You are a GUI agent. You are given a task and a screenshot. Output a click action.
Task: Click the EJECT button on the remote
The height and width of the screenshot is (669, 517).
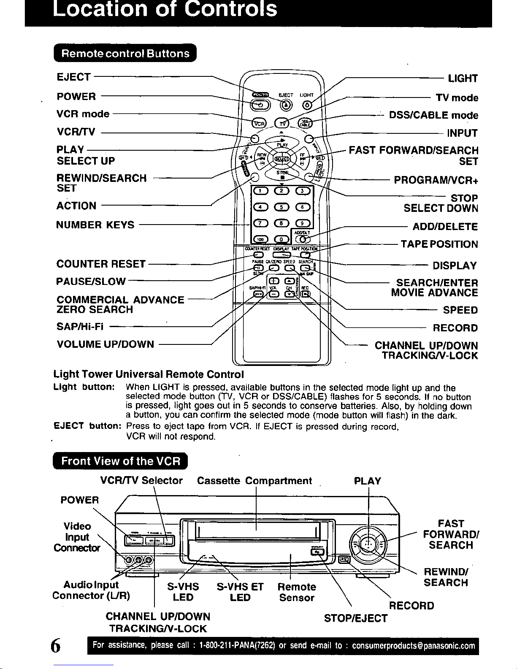pos(287,105)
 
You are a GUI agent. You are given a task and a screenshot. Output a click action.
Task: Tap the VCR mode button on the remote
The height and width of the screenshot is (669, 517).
pos(259,123)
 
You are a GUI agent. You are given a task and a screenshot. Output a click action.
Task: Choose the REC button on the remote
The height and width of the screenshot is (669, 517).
pos(305,294)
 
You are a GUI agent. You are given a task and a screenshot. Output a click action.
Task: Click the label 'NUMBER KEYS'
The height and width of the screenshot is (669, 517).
pos(95,225)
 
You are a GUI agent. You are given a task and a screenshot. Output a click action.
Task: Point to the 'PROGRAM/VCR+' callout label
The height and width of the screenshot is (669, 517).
pos(436,180)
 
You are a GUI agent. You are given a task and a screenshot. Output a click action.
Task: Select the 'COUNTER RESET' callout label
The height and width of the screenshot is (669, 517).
pos(101,264)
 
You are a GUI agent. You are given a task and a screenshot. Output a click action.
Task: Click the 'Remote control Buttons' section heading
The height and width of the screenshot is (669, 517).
pos(125,54)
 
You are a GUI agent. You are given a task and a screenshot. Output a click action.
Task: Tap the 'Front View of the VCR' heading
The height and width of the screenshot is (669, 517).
pos(121,461)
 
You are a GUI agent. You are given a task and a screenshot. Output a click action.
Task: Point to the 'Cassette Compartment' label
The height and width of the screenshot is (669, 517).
pos(254,481)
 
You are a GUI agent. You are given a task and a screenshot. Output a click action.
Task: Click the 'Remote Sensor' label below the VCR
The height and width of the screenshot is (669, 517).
pos(297,592)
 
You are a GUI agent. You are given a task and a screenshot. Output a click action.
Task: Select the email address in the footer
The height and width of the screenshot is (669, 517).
pos(413,646)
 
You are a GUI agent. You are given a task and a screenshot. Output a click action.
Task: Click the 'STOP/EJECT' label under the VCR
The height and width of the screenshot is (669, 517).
pos(355,618)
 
